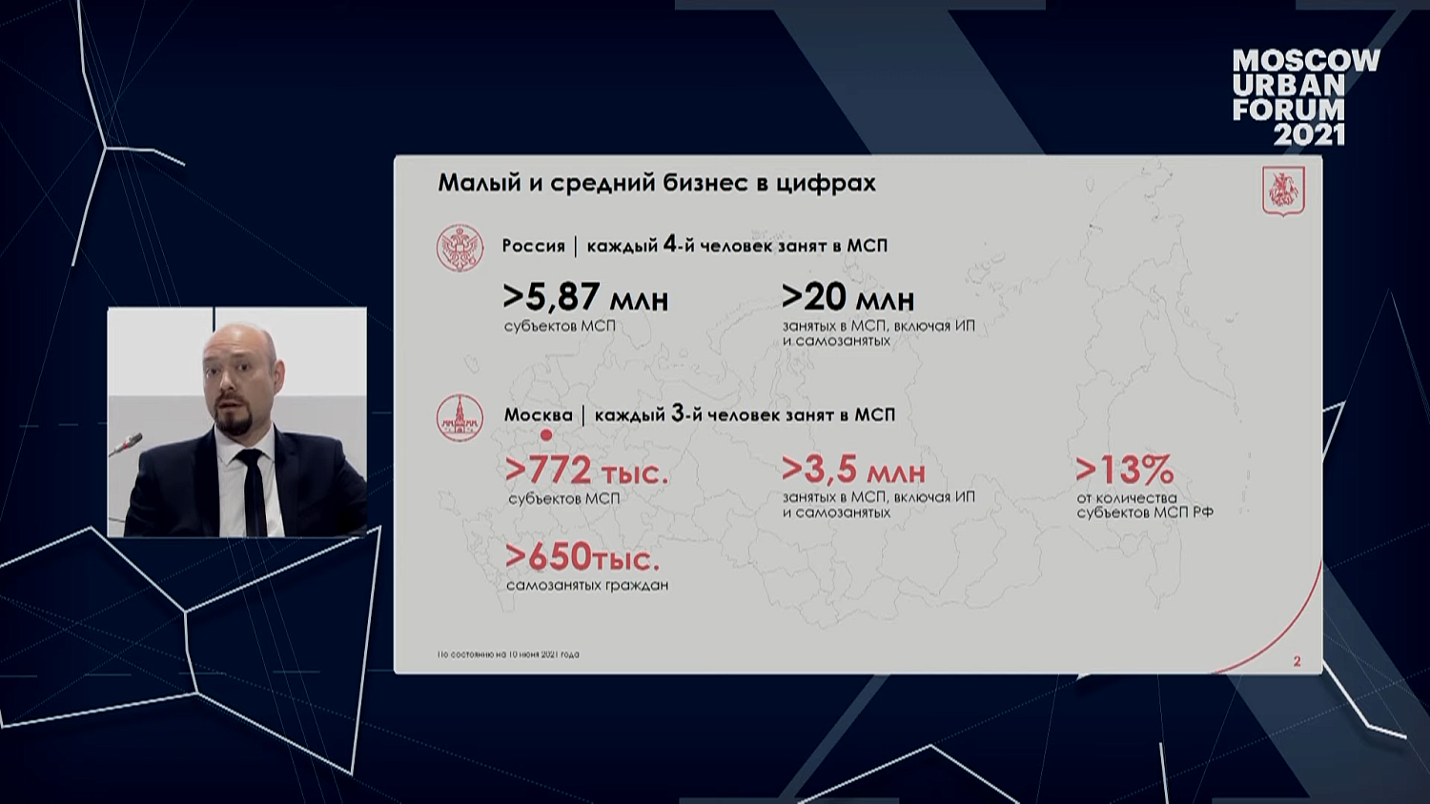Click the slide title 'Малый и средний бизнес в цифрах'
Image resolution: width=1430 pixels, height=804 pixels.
(x=656, y=182)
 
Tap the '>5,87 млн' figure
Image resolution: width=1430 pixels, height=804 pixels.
(x=585, y=297)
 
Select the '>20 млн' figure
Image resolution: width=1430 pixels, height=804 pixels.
(x=848, y=297)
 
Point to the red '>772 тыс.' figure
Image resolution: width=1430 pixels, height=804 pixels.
(x=586, y=470)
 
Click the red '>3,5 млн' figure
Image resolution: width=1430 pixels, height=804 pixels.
(x=853, y=469)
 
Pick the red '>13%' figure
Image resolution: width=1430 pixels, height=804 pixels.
(x=1124, y=469)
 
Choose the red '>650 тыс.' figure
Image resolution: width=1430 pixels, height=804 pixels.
(x=582, y=556)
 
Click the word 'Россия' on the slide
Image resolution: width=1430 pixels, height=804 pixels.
(x=533, y=246)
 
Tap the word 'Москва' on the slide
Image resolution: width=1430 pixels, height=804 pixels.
(x=538, y=415)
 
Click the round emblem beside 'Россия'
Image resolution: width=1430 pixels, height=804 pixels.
(x=460, y=248)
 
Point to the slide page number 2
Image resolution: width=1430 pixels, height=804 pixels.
(x=1297, y=661)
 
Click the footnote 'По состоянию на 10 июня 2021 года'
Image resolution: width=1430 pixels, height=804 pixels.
(x=508, y=654)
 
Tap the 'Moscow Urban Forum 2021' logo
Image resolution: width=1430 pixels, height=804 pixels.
(x=1305, y=97)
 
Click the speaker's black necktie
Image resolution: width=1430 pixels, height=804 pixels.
(x=253, y=491)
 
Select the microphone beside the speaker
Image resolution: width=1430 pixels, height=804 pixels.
(x=128, y=444)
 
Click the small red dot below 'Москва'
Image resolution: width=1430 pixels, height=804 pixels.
(x=546, y=435)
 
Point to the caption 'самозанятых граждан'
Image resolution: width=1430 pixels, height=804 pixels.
(x=587, y=585)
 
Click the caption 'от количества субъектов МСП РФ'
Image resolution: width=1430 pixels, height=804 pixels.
(x=1144, y=505)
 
